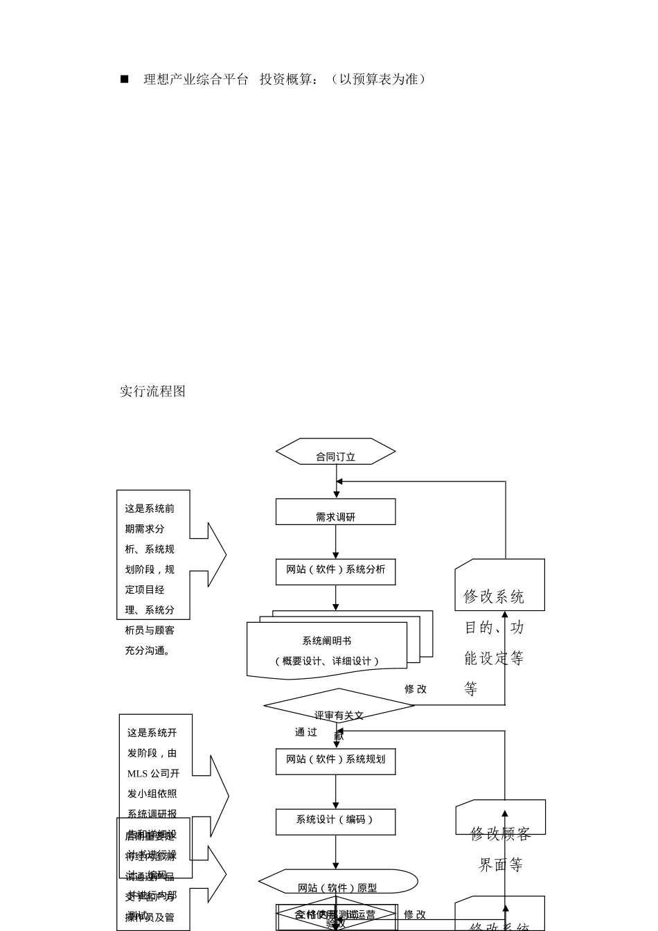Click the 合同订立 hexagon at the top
click(x=336, y=452)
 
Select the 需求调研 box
click(x=336, y=513)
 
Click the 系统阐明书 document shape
click(x=327, y=650)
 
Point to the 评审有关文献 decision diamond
click(x=339, y=707)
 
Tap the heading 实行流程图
click(x=153, y=391)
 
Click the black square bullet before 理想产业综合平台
click(x=125, y=80)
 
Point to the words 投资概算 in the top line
click(x=286, y=80)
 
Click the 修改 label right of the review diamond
click(x=416, y=689)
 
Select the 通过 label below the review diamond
click(x=306, y=732)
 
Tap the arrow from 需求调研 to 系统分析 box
click(x=336, y=542)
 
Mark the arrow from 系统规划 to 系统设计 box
click(x=336, y=792)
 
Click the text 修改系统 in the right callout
click(x=494, y=597)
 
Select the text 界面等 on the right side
click(x=501, y=865)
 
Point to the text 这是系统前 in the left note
click(x=150, y=508)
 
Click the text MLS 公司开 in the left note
click(x=153, y=774)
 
